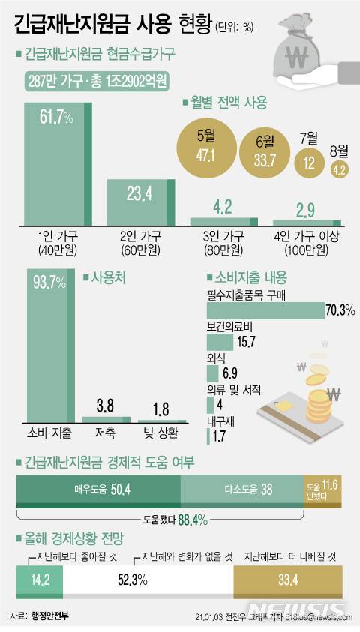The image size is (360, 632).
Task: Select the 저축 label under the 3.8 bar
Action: click(103, 433)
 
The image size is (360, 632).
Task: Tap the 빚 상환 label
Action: click(162, 433)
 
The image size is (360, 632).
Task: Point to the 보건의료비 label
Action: click(227, 325)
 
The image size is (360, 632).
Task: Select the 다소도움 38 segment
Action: click(241, 490)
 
